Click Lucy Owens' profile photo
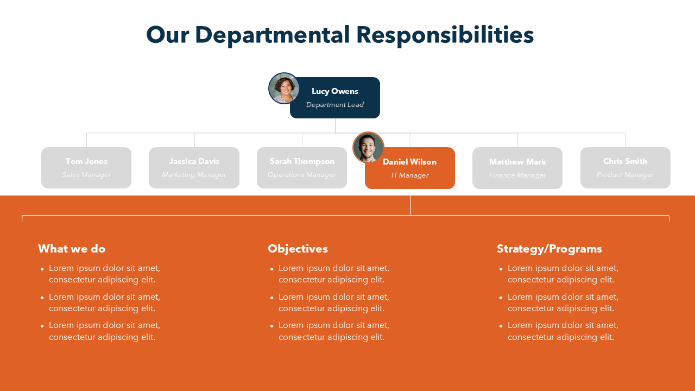point(284,88)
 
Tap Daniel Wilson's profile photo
point(368,147)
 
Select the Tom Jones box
point(86,168)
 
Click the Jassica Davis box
point(194,168)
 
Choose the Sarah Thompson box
point(302,168)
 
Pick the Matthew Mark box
point(517,168)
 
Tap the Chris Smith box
point(625,168)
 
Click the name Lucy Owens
point(335,91)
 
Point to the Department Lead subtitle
point(335,105)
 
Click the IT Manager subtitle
point(410,175)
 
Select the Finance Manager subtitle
point(517,175)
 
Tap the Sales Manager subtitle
point(86,175)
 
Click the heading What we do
point(72,249)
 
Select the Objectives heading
point(298,249)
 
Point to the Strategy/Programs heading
point(549,249)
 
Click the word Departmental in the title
point(272,35)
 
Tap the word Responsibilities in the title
point(445,35)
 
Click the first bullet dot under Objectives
point(272,269)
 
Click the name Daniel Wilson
point(409,162)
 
